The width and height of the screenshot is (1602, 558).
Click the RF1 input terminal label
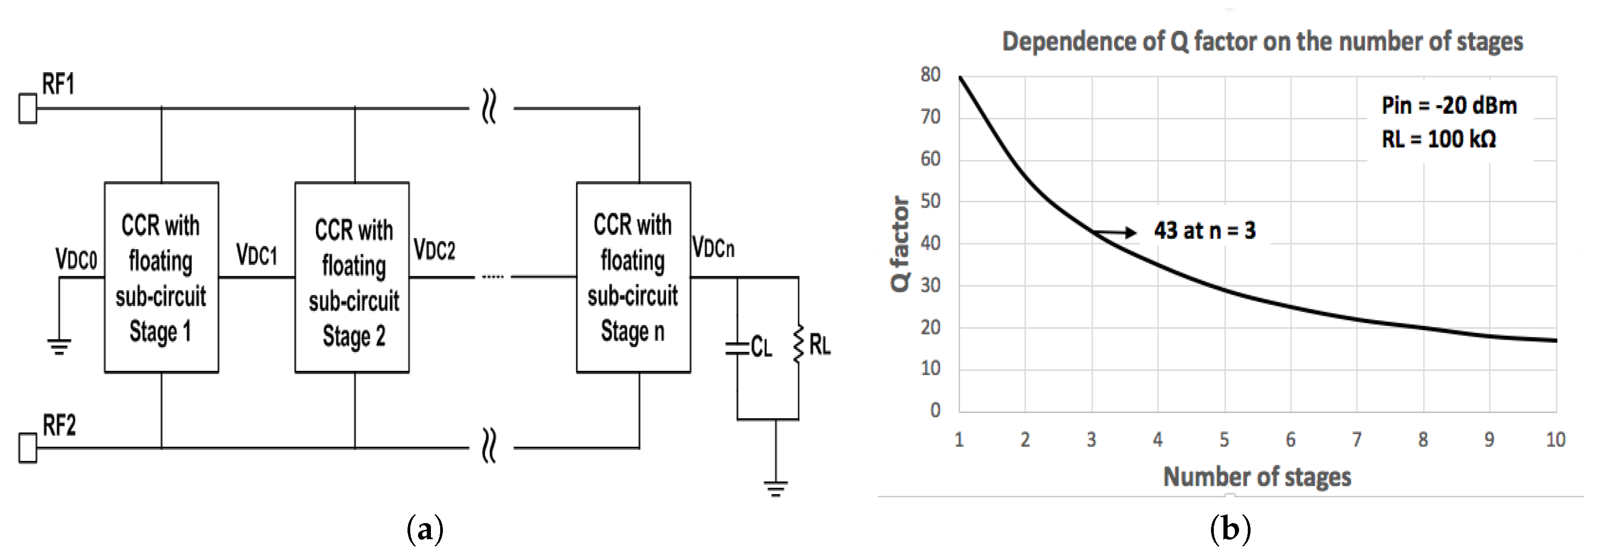tap(58, 84)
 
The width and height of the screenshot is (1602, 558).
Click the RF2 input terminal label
tap(59, 426)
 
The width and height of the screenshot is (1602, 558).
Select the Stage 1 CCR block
tap(161, 278)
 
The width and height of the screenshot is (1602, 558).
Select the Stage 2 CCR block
tap(352, 278)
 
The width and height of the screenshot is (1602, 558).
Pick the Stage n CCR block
tap(633, 278)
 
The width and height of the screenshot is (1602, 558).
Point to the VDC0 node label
tap(76, 259)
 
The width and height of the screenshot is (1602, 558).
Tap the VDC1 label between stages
tap(256, 255)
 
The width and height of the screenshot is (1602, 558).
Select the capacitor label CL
tap(761, 347)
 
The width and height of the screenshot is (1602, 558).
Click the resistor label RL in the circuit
tap(820, 345)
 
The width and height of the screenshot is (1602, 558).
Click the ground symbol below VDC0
tap(59, 346)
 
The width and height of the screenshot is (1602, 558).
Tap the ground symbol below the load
tap(775, 488)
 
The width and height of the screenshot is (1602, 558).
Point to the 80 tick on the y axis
tap(930, 74)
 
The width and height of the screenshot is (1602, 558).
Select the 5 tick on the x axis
tap(1224, 440)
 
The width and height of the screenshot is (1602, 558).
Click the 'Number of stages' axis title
tap(1257, 477)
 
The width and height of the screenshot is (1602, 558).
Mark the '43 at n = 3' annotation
tap(1205, 231)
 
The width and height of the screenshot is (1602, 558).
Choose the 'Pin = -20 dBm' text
tap(1449, 106)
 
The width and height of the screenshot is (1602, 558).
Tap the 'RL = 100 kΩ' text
tap(1438, 139)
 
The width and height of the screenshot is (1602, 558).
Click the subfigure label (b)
tap(1230, 530)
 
